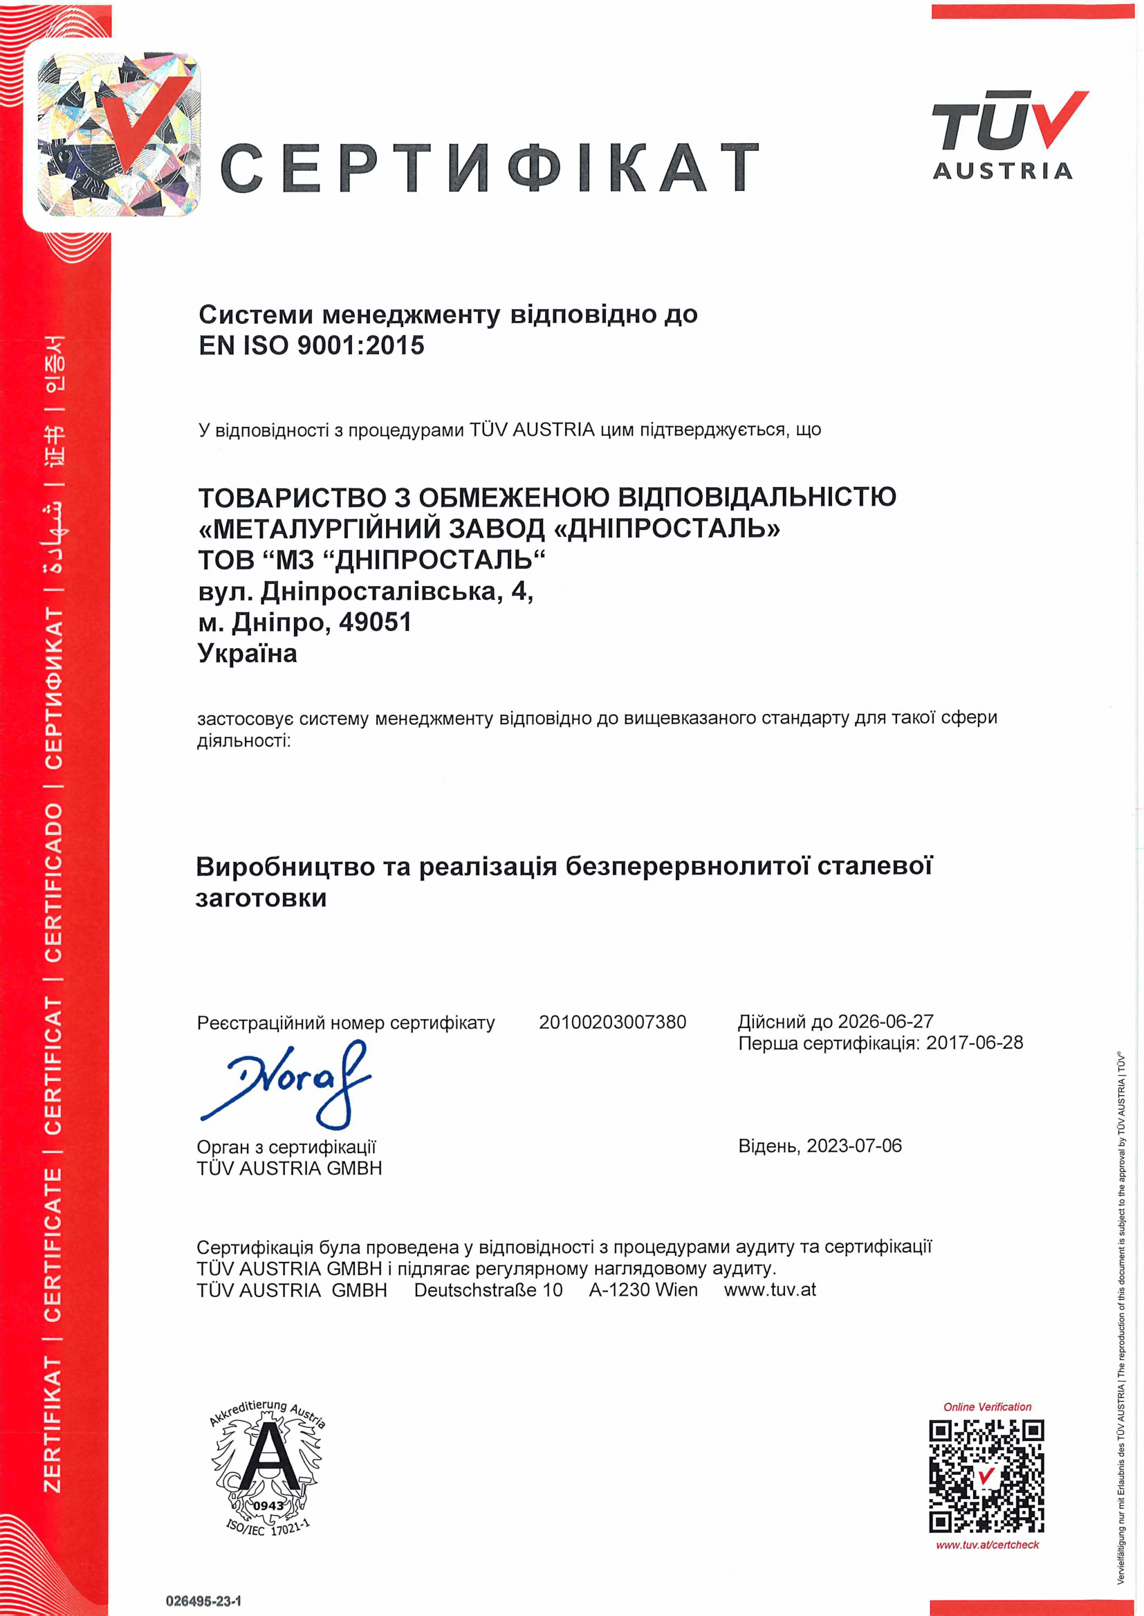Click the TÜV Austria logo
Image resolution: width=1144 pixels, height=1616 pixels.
(x=1004, y=136)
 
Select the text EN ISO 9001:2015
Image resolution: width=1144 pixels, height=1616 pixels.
(x=311, y=345)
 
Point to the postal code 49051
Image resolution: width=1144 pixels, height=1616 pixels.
(x=375, y=623)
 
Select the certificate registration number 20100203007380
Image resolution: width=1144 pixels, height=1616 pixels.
(x=612, y=1022)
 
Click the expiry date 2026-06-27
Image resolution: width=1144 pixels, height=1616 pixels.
(x=885, y=1022)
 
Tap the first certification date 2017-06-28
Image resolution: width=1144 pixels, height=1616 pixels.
(x=975, y=1043)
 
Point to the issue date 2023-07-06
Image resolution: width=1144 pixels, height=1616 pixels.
(x=854, y=1146)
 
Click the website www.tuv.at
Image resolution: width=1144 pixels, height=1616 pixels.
(x=770, y=1290)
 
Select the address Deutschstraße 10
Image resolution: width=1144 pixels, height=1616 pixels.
(x=488, y=1290)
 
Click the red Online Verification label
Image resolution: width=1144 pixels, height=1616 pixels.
(x=987, y=1407)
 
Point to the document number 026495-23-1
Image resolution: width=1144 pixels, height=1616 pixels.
(x=203, y=1601)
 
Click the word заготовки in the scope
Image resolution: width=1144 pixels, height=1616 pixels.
(x=261, y=898)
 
